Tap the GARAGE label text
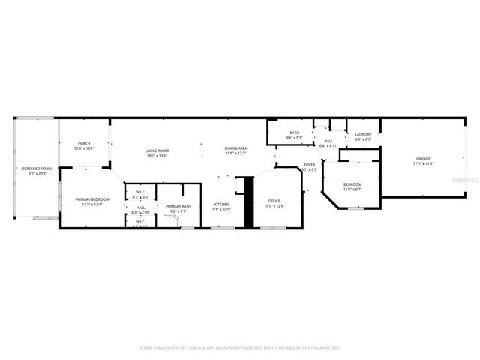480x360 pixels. coord(424,158)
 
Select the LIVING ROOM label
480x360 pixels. coord(157,151)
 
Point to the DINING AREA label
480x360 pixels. coord(236,148)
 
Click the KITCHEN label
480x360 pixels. coord(222,204)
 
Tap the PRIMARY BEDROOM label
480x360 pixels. coord(91,199)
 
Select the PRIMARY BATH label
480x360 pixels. coord(178,206)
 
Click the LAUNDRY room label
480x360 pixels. coord(363,135)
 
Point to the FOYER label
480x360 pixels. coord(310,165)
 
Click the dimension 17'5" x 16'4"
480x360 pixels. coord(424,163)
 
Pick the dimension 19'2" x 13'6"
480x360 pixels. coord(157,156)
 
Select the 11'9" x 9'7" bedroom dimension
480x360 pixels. coord(352,189)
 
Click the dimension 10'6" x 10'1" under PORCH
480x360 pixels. coord(84,149)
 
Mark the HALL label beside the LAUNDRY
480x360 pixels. coord(328,140)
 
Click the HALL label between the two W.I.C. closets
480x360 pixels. coord(140,207)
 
